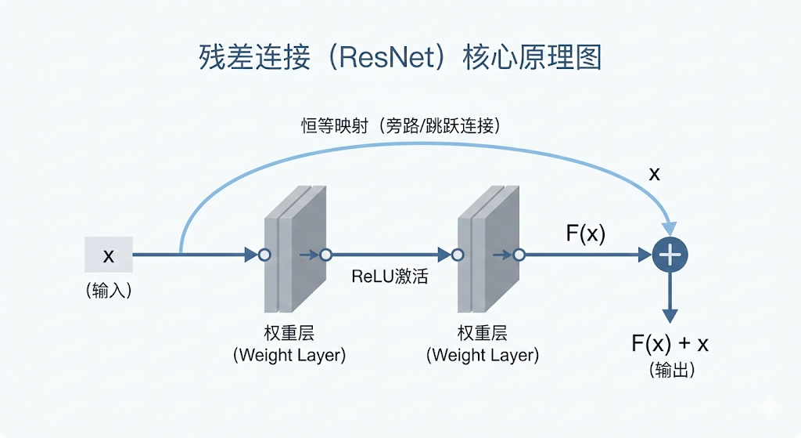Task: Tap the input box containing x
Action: [x=109, y=255]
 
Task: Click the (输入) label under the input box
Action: [x=109, y=291]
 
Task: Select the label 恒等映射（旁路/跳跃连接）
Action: [x=400, y=125]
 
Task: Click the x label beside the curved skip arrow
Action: [x=654, y=174]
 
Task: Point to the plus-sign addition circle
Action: [x=670, y=255]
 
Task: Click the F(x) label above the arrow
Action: [x=585, y=233]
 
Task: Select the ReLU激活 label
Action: [x=390, y=277]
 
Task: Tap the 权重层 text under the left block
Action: [x=289, y=332]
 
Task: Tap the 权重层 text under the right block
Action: [x=482, y=332]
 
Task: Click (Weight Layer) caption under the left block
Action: [x=289, y=355]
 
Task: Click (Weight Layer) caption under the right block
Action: [x=482, y=355]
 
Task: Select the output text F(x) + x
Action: [x=670, y=344]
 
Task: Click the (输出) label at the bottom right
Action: [x=671, y=370]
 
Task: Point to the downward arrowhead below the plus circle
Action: [x=670, y=315]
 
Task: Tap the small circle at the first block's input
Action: [x=264, y=255]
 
